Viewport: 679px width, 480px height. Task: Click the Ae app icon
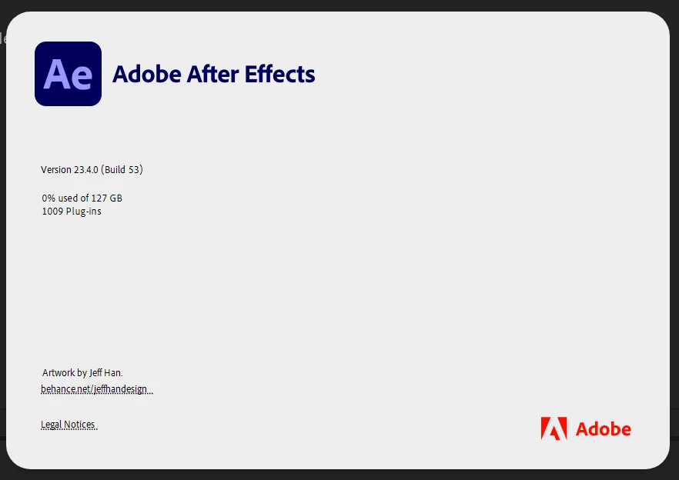(68, 74)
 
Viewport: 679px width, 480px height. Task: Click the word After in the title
(212, 74)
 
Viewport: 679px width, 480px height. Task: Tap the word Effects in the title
(279, 74)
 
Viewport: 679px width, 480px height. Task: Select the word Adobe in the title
(147, 74)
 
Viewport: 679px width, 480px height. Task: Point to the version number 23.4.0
(86, 170)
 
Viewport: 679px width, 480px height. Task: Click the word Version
(56, 170)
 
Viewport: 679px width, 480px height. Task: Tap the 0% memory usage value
(48, 198)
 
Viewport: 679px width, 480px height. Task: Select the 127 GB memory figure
(106, 198)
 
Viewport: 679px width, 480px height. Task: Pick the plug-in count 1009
(52, 212)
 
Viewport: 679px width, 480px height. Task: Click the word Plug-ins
(84, 212)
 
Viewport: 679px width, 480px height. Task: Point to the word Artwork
(59, 372)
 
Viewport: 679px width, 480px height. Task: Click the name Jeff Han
(106, 372)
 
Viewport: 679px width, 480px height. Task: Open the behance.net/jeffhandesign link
(97, 389)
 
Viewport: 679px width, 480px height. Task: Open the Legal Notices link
(69, 425)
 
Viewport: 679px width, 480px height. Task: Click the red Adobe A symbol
(554, 428)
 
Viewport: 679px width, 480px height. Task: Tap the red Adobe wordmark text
(604, 429)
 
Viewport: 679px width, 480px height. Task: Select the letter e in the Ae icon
(81, 78)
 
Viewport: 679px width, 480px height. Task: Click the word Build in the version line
(115, 170)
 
